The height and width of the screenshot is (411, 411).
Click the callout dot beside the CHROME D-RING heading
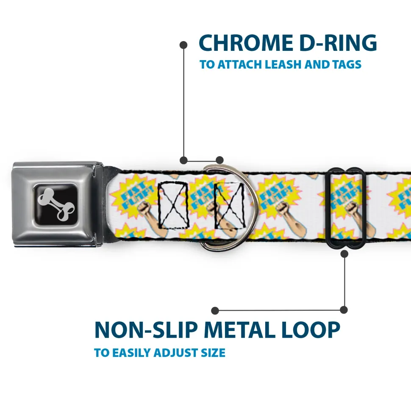[x=183, y=44]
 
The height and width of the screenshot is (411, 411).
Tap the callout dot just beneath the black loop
[x=344, y=254]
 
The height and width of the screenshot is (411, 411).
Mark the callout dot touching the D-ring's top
[x=219, y=160]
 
